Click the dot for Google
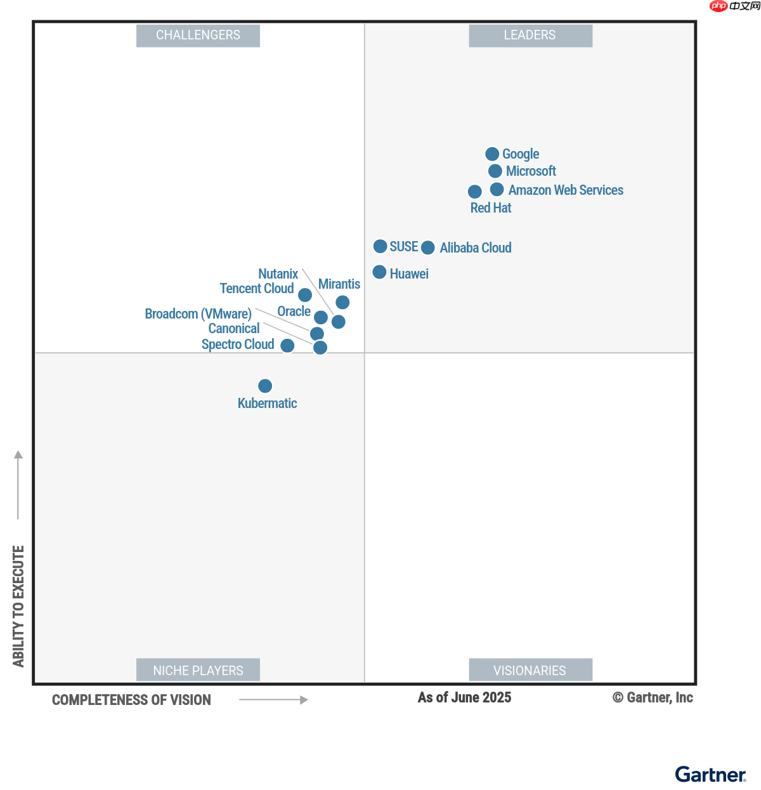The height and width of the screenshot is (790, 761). [492, 154]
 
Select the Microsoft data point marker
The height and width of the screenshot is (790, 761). [495, 171]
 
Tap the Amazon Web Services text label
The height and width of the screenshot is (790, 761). [566, 190]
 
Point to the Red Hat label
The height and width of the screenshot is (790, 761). [490, 208]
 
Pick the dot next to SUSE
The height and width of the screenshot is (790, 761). [380, 246]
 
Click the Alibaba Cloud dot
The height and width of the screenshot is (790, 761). [428, 247]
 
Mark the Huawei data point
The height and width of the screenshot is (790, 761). [379, 272]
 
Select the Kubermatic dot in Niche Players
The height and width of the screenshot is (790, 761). [265, 386]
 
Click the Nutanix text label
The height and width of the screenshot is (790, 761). [278, 274]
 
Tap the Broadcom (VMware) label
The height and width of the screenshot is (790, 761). [198, 314]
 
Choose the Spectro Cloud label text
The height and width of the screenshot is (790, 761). [238, 345]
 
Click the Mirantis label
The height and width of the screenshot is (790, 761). [339, 284]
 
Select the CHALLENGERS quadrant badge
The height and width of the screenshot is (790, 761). [198, 36]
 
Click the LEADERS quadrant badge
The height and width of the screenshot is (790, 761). [530, 36]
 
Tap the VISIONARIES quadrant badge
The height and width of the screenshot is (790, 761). [530, 670]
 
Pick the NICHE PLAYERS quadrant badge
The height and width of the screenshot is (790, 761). [198, 670]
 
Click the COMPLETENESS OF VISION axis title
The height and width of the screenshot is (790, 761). [131, 700]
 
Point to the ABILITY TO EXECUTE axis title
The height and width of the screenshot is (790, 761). [18, 606]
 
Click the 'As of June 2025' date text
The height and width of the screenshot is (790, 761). [464, 698]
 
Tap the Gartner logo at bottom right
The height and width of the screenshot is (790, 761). [710, 775]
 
